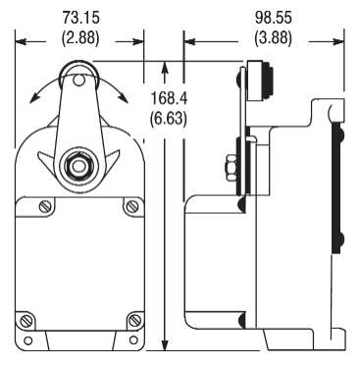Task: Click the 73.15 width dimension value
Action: (82, 17)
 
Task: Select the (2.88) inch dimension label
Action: (82, 40)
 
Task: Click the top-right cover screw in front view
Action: (131, 207)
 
